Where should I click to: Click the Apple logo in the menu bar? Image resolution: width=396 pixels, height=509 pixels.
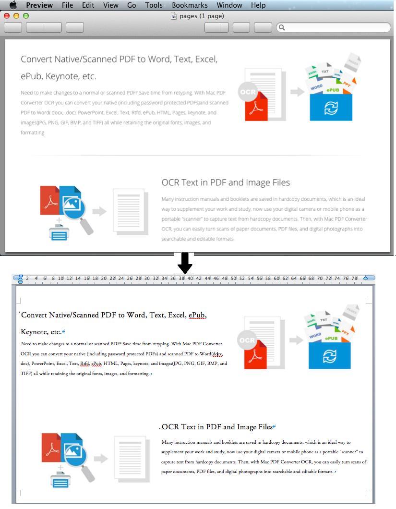[13, 5]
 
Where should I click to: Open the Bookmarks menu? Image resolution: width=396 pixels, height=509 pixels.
[190, 5]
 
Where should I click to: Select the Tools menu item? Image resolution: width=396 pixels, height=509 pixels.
[154, 5]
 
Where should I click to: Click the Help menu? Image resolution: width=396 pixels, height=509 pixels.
[258, 5]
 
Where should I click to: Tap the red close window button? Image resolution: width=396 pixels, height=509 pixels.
[7, 15]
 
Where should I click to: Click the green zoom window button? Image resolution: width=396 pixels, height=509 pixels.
[26, 15]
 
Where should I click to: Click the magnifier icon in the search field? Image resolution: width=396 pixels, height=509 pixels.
[282, 27]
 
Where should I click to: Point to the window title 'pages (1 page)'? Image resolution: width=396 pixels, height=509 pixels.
[202, 16]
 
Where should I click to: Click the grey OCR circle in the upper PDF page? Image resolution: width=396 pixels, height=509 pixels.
[248, 92]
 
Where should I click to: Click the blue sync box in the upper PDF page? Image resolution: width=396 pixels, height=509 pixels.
[331, 108]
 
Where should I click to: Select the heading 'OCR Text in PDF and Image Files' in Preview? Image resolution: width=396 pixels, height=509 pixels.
[226, 182]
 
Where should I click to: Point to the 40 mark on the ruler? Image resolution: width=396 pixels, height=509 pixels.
[190, 278]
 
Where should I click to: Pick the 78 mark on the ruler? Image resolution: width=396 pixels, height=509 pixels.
[354, 278]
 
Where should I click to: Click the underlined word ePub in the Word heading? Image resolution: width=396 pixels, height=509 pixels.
[197, 315]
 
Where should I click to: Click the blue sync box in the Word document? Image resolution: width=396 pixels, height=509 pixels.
[329, 355]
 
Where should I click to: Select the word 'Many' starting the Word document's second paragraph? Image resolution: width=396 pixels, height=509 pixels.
[167, 442]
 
